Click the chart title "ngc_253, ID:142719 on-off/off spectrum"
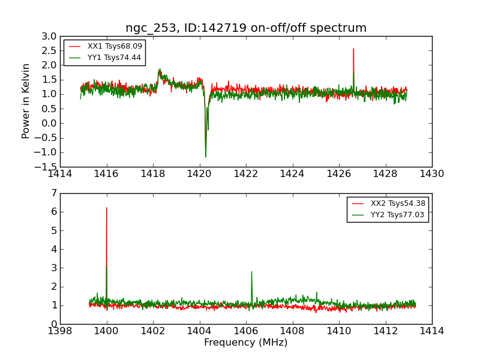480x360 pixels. click(246, 28)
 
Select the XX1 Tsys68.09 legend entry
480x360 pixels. click(114, 46)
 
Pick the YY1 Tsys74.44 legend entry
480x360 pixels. click(114, 58)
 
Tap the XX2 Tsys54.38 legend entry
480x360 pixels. click(397, 203)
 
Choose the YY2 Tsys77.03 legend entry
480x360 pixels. click(397, 215)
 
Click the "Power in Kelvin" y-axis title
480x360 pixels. click(26, 101)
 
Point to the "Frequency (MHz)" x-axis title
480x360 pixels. click(246, 343)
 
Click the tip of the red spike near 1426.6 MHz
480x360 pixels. click(353, 49)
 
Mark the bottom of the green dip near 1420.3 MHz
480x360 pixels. click(206, 157)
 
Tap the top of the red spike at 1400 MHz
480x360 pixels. click(107, 208)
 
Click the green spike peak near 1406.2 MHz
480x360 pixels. click(251, 271)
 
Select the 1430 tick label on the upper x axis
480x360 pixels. click(431, 173)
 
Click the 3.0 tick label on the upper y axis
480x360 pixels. click(50, 37)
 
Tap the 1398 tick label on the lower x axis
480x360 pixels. click(61, 331)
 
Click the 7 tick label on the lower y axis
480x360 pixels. click(54, 193)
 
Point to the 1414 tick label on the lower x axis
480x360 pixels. click(431, 331)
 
